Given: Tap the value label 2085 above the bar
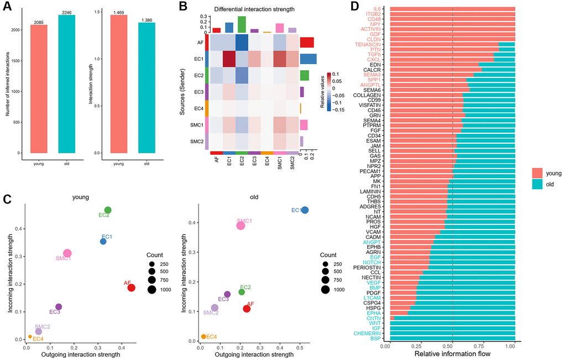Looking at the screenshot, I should pos(43,22).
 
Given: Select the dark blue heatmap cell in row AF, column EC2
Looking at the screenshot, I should pos(242,43).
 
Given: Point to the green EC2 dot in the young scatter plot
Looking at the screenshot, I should pos(108,210).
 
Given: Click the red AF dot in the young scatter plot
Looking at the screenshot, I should pos(131,288).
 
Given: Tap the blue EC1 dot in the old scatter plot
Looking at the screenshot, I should pos(305,210).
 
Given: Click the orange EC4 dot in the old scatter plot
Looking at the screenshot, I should pos(203,336).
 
